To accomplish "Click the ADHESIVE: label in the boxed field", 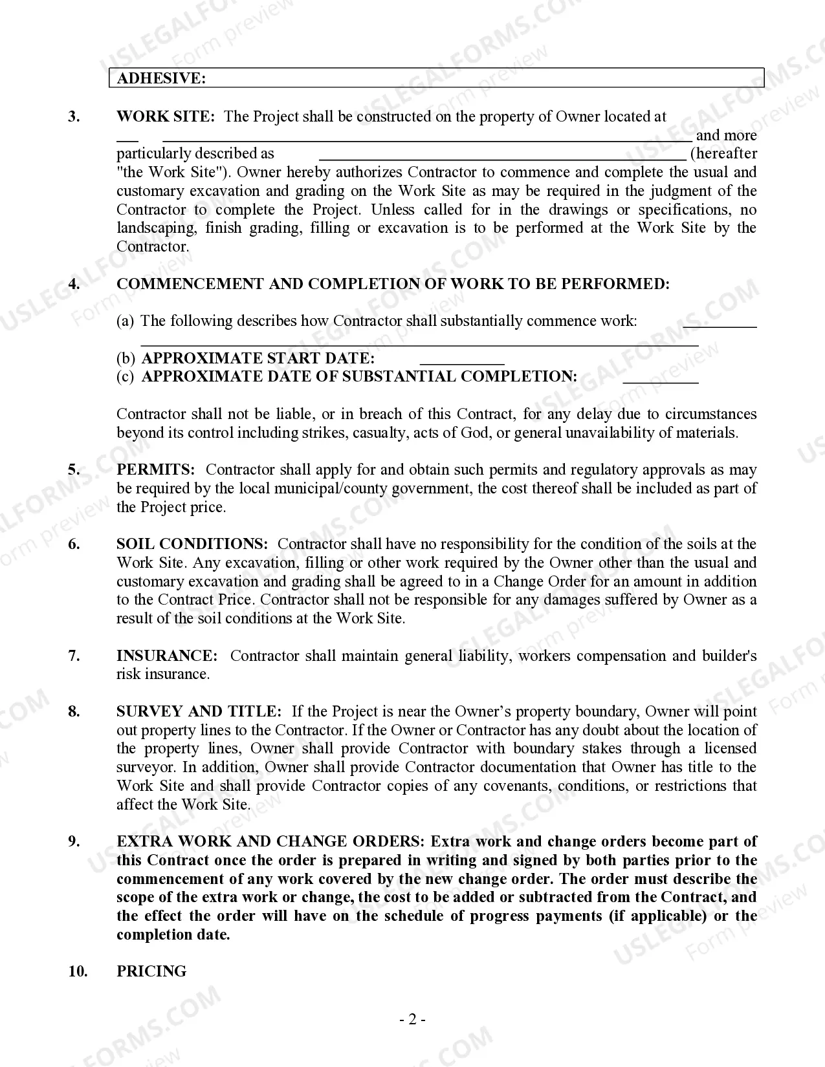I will (x=161, y=78).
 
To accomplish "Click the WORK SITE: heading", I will (x=165, y=116).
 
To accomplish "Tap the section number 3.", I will (x=74, y=116).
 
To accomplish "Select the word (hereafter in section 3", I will (x=723, y=154).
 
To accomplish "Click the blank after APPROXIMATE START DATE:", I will (x=462, y=360).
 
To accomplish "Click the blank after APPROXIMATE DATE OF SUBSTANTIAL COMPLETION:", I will (x=660, y=378).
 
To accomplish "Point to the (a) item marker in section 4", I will (x=125, y=321).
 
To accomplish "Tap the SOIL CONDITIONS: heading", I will (x=192, y=544).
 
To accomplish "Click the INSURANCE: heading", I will (x=167, y=656).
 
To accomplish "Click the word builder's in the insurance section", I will (x=729, y=656).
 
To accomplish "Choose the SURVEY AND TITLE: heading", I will (x=199, y=711).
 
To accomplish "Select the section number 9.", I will (x=74, y=841).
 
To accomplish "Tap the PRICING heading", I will (x=151, y=971).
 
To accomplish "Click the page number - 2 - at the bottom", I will (x=412, y=1020).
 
